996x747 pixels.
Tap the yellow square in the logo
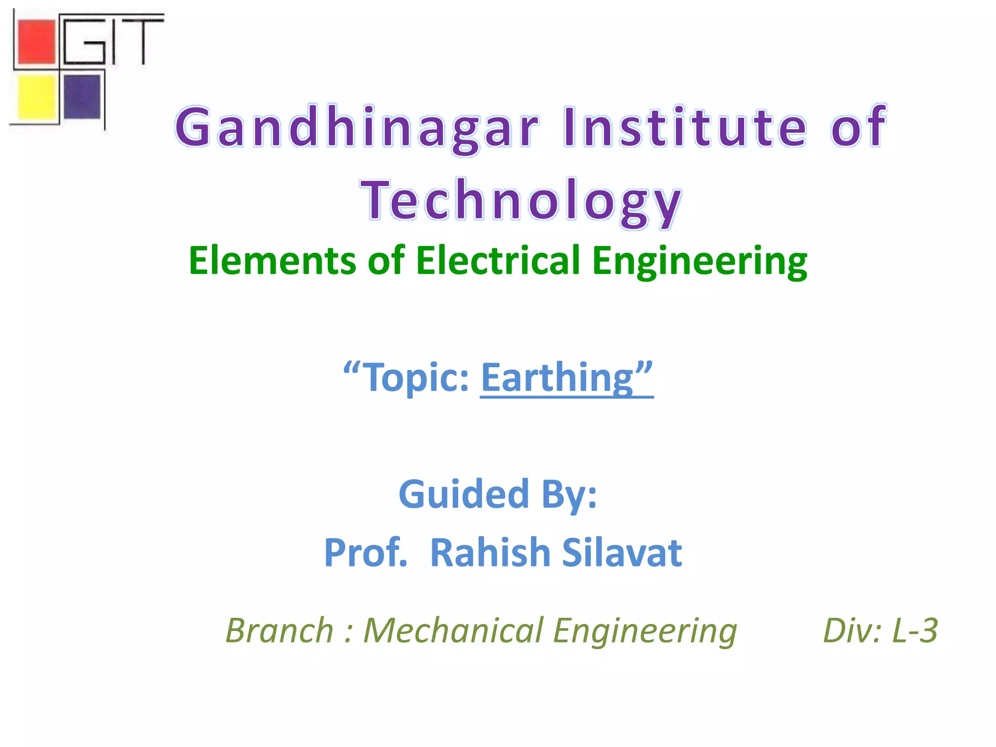point(36,96)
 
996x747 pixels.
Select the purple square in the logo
point(82,96)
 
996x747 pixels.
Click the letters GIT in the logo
point(113,40)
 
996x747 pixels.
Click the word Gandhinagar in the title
point(357,127)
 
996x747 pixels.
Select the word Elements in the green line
point(272,261)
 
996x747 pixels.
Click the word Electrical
point(498,261)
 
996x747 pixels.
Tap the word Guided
point(463,494)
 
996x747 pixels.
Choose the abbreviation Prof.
point(366,552)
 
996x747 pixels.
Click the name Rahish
point(490,552)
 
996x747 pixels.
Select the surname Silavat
point(622,552)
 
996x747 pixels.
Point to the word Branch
point(279,630)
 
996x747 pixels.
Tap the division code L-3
point(914,630)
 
